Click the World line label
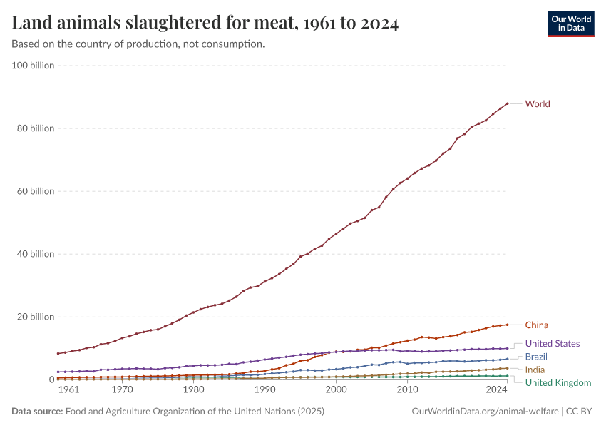[x=537, y=104]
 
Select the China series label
[x=536, y=325]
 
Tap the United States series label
[x=552, y=344]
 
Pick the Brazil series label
[x=536, y=357]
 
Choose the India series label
[x=535, y=370]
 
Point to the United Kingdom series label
[x=558, y=383]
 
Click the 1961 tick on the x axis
[x=68, y=390]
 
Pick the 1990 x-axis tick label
[x=265, y=390]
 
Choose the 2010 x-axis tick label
[x=407, y=390]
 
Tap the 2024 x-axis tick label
[x=497, y=390]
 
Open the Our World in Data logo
[x=570, y=24]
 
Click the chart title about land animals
[x=205, y=24]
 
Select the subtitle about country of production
[x=138, y=44]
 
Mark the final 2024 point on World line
[x=507, y=103]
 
